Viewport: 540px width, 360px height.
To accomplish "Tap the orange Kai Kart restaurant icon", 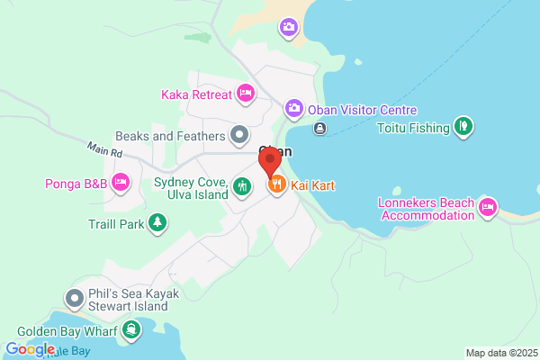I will coord(276,185).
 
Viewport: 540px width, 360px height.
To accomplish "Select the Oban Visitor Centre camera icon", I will coord(294,109).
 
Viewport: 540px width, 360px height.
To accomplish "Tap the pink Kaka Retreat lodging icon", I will coord(246,93).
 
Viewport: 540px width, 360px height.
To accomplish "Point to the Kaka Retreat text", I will coord(197,94).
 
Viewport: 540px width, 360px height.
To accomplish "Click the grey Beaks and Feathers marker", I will coord(239,136).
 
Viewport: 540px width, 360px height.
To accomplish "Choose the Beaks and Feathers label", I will coord(170,136).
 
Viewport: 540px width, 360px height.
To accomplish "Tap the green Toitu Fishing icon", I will coord(463,127).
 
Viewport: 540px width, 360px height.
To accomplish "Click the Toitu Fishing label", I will coord(414,128).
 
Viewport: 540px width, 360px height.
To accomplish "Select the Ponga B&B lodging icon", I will coord(121,184).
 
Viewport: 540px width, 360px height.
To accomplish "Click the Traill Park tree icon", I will coord(158,222).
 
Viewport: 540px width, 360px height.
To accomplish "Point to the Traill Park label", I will coord(116,223).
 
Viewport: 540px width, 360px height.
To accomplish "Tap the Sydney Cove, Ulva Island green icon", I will coord(241,187).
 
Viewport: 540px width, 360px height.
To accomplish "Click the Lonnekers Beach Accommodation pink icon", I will coord(487,208).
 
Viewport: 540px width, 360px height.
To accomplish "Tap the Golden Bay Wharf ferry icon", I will coord(132,329).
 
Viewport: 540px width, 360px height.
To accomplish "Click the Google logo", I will coord(30,349).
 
